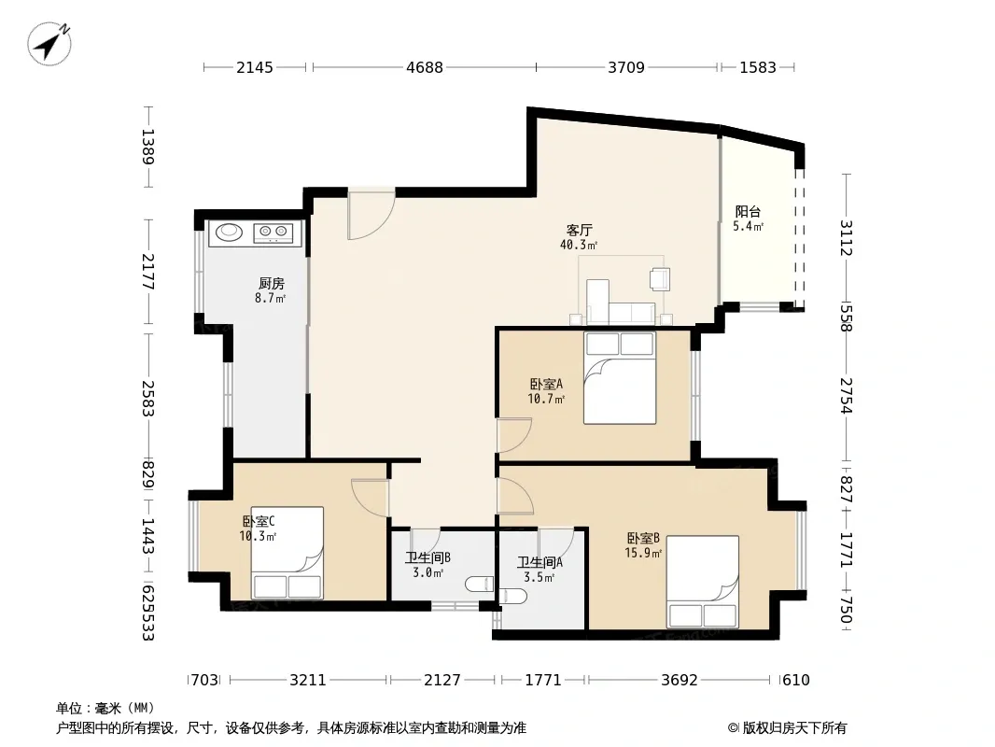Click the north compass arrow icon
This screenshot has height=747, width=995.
(x=49, y=43)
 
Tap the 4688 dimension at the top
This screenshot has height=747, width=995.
(x=425, y=67)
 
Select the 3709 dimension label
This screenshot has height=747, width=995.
(x=626, y=67)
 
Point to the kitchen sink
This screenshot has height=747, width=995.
(x=229, y=233)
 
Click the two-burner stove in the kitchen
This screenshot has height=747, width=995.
(x=273, y=233)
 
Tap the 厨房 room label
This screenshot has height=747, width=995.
(x=271, y=284)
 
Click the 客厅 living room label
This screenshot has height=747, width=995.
(x=580, y=230)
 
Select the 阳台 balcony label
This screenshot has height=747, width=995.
(x=748, y=211)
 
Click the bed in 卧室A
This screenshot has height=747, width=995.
(x=620, y=377)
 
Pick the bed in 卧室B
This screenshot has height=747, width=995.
(x=703, y=582)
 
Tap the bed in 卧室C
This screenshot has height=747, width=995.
(x=287, y=552)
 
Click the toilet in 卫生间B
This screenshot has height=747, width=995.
(x=479, y=584)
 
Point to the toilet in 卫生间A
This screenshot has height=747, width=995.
(x=513, y=597)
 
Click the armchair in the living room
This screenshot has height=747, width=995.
(x=660, y=278)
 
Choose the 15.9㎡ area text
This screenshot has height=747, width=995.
(x=643, y=554)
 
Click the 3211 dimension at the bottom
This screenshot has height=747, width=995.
(x=308, y=681)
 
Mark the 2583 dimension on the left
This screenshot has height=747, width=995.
(x=147, y=398)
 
